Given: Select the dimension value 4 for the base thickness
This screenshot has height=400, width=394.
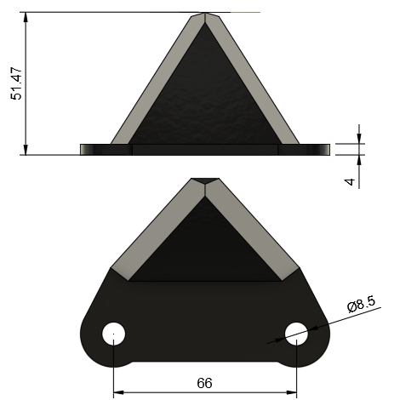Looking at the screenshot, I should [350, 182].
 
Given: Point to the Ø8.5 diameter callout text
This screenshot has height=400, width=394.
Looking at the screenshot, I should [361, 304].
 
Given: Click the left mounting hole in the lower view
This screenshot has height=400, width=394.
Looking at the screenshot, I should [113, 333].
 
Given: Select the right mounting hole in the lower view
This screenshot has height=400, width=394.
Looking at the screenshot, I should [296, 333].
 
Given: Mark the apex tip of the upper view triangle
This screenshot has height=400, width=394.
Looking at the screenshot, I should [205, 14].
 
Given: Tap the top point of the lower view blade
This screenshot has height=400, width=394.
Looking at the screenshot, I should [205, 180].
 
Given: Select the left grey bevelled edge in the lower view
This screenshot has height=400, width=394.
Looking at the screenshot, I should [157, 230].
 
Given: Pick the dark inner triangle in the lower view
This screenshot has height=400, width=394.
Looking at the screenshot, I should [205, 247].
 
